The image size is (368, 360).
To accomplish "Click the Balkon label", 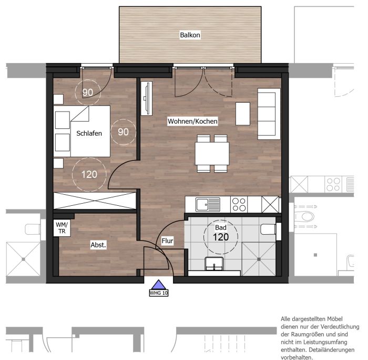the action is (x=190, y=35).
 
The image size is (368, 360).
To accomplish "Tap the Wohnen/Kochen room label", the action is (x=192, y=121).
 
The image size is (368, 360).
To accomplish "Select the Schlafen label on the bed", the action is (x=89, y=133).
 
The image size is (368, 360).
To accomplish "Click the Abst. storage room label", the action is (x=98, y=245).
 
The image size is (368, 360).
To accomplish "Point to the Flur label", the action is (x=167, y=241).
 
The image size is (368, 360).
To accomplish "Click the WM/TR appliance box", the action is (x=62, y=228).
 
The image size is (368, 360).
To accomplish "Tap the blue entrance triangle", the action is (x=159, y=285).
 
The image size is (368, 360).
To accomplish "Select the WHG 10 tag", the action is (x=159, y=293).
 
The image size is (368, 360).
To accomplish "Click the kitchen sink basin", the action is (x=202, y=205).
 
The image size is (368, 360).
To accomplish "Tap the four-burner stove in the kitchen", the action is (x=239, y=204).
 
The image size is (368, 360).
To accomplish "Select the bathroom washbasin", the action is (x=214, y=264).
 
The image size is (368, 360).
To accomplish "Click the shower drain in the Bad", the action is (x=259, y=259).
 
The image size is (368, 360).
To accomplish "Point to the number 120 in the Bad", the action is (x=221, y=237).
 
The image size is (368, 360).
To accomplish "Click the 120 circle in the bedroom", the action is (x=89, y=174).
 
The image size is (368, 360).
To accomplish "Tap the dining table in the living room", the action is (x=212, y=154).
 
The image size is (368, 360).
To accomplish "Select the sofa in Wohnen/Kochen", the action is (x=269, y=114).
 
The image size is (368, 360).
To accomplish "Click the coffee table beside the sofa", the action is (x=243, y=114).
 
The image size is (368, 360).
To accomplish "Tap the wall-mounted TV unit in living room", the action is (x=147, y=98).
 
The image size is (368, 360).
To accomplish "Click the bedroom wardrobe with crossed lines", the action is (x=95, y=201).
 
